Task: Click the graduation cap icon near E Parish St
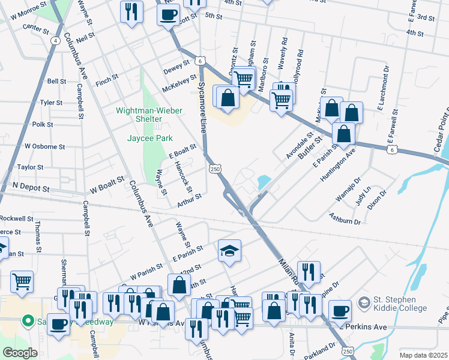[229, 251]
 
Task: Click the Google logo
[20, 353]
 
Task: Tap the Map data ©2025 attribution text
[423, 355]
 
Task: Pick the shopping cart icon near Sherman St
[22, 281]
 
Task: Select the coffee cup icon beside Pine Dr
[340, 311]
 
